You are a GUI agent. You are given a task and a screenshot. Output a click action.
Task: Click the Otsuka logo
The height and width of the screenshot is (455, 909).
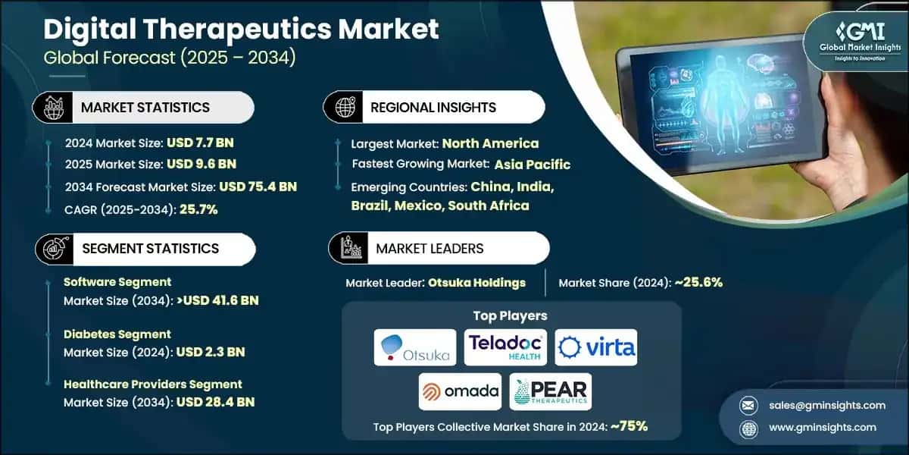(x=415, y=347)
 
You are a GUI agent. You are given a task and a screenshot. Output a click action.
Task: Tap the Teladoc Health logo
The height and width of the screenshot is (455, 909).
(x=505, y=347)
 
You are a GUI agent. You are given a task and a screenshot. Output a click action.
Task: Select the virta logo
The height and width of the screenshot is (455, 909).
(x=596, y=347)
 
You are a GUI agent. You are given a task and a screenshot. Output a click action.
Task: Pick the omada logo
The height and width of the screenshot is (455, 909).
(x=460, y=391)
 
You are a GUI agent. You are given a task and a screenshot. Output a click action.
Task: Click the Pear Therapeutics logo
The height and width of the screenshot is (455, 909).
(x=551, y=391)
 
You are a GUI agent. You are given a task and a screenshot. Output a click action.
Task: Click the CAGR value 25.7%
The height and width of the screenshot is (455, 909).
(x=198, y=209)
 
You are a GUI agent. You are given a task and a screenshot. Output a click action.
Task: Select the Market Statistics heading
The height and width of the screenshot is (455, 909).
(x=145, y=108)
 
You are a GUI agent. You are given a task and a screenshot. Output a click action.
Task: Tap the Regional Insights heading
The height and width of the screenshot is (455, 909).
(x=433, y=108)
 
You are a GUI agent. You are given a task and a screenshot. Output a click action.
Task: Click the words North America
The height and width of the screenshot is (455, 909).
(x=490, y=143)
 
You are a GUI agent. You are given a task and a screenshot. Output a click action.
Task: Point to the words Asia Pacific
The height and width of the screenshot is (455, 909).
(x=532, y=165)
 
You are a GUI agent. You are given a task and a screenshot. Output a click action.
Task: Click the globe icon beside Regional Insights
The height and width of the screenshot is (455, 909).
(x=345, y=108)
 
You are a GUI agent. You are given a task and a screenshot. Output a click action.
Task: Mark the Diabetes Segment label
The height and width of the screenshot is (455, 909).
(x=117, y=334)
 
